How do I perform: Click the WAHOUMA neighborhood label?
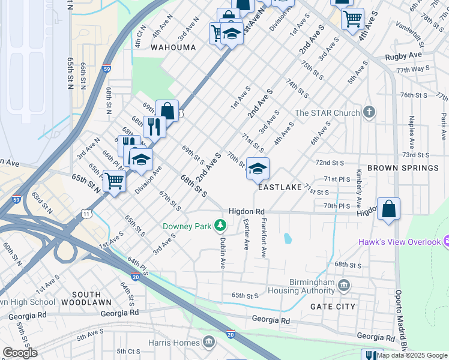(173, 47)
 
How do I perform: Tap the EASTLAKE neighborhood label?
(280, 187)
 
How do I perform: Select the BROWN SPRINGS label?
(403, 168)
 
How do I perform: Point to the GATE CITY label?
(333, 306)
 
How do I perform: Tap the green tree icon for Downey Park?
(220, 226)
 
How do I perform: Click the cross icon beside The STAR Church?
(369, 112)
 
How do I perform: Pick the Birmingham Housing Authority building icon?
(344, 284)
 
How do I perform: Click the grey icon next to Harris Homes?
(208, 343)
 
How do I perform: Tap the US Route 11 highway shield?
(87, 214)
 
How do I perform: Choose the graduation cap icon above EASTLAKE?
(258, 169)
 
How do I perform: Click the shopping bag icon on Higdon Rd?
(389, 209)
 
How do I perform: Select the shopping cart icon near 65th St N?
(114, 181)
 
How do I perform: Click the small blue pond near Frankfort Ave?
(287, 238)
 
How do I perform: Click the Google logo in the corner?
(20, 352)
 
